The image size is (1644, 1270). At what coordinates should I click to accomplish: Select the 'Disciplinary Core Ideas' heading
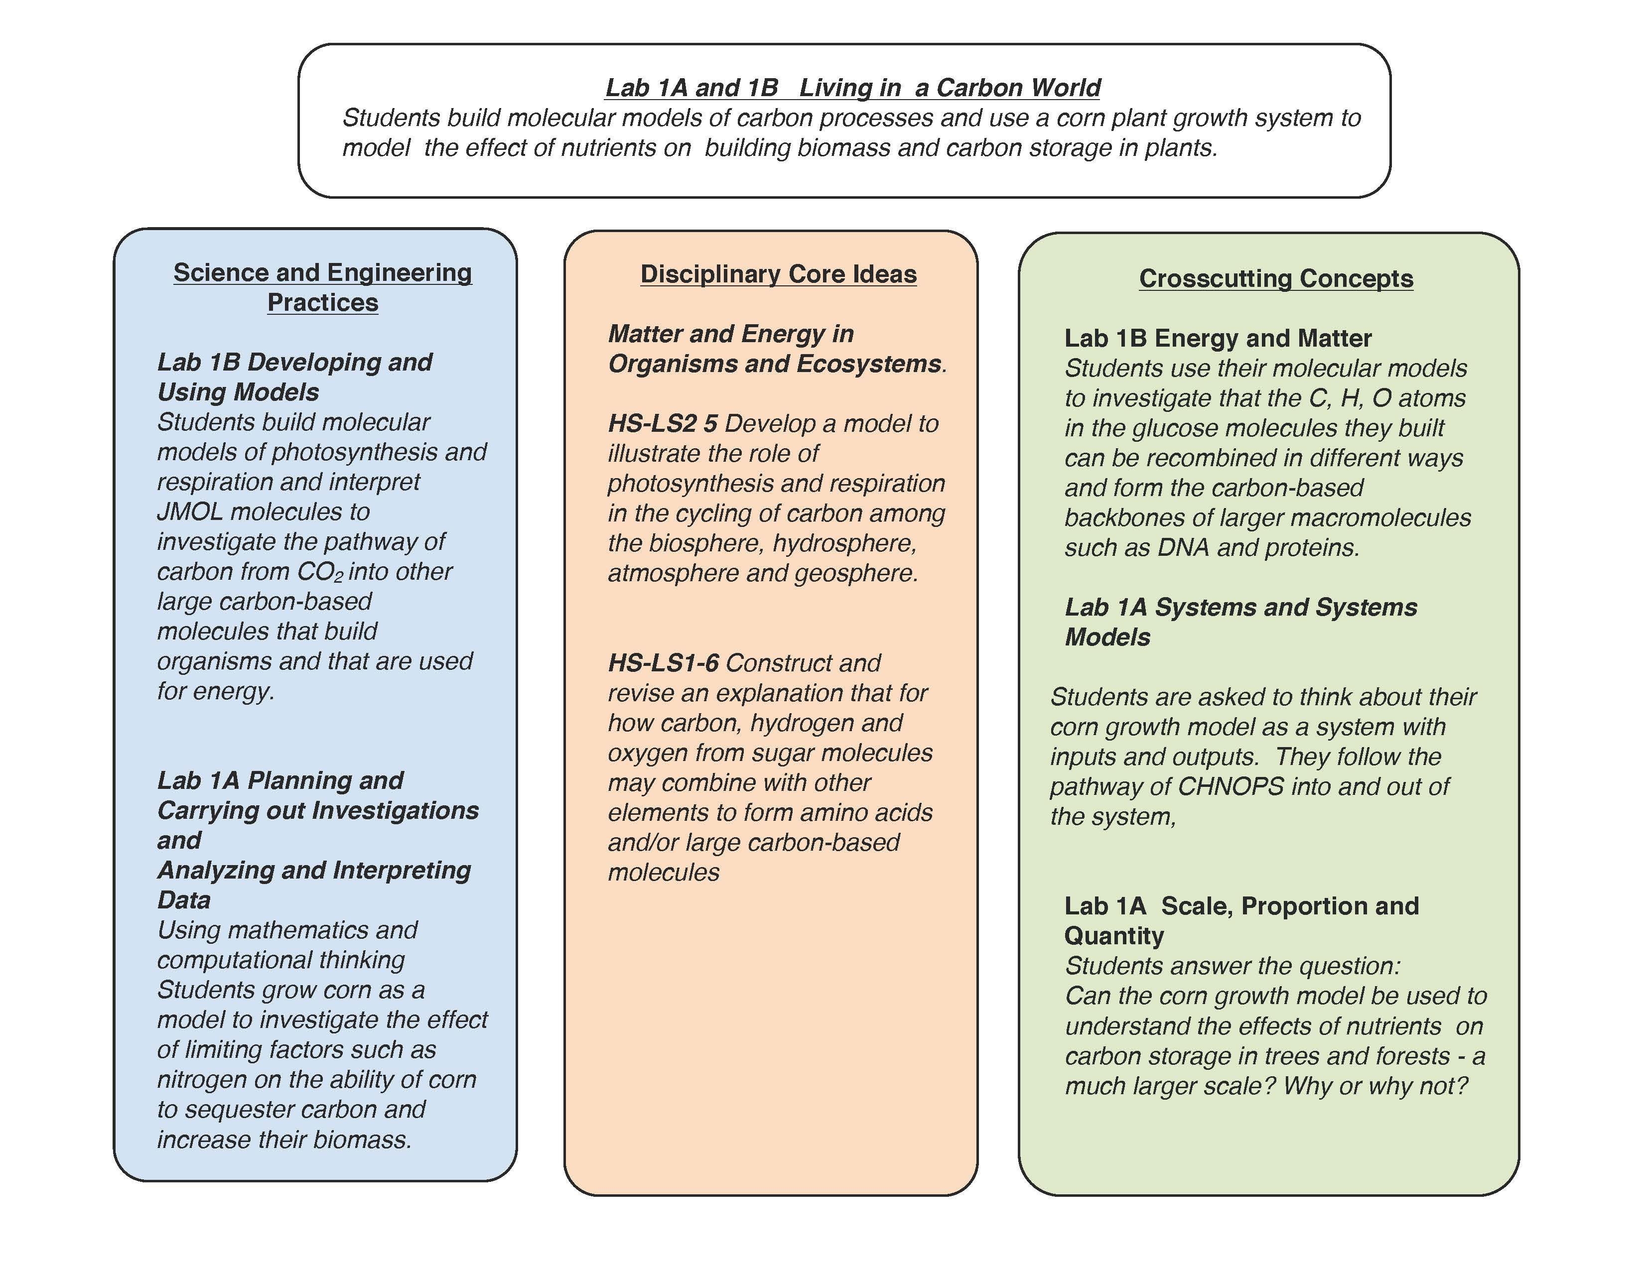778,274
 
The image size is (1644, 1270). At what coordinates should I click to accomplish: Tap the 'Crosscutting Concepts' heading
1275,278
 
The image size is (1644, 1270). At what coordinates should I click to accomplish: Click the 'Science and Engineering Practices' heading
322,287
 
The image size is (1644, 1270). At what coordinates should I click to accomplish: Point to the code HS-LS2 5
663,424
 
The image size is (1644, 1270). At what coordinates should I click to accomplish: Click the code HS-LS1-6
663,663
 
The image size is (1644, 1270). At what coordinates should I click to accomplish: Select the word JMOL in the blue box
190,511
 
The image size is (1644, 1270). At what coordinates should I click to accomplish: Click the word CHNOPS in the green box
1230,786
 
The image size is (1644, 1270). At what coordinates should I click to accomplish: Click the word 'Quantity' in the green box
1113,936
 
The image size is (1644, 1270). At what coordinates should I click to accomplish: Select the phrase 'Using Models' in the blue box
238,392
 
